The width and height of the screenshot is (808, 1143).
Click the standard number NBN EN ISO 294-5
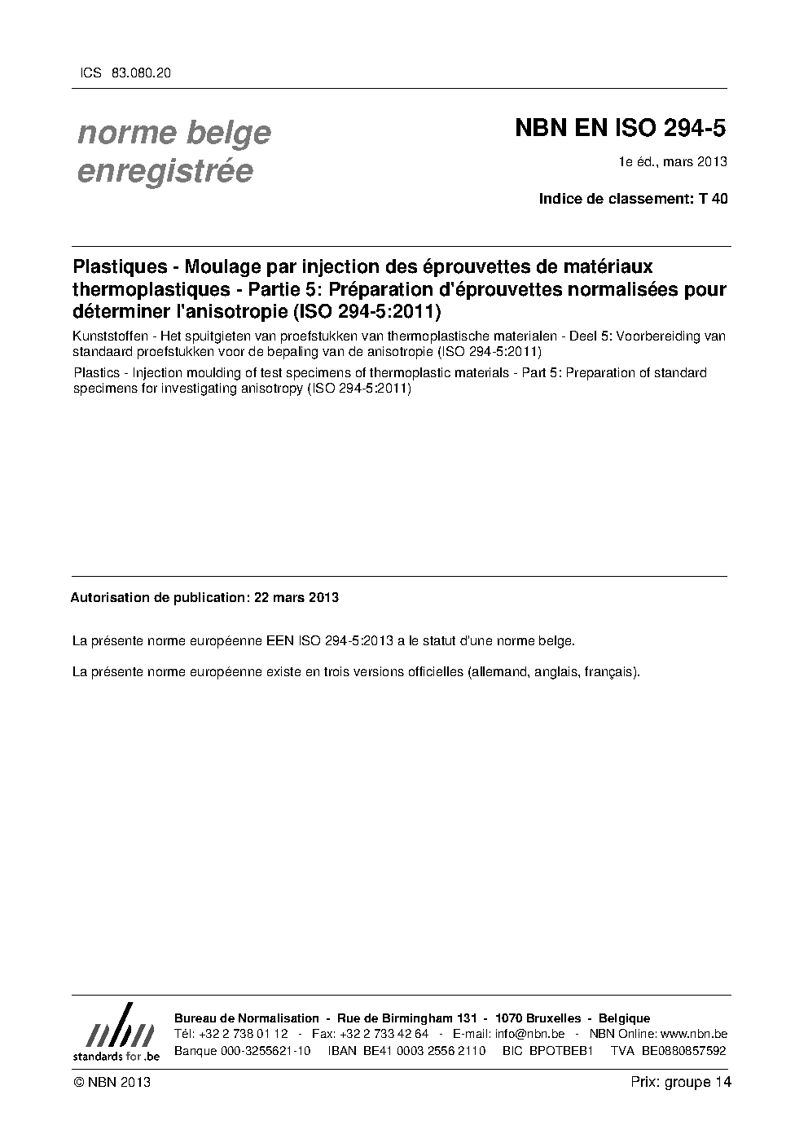click(620, 128)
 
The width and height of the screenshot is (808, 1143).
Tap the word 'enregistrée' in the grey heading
click(165, 171)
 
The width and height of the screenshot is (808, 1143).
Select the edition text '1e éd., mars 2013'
click(673, 161)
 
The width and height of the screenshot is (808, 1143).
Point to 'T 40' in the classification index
click(714, 199)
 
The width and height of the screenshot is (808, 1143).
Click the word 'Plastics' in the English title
click(97, 372)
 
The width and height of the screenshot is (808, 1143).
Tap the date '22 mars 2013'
click(296, 597)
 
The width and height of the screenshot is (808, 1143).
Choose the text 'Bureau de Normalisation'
click(247, 1018)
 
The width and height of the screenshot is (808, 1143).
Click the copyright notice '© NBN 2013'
click(112, 1082)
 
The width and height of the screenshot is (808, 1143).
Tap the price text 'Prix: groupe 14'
click(681, 1082)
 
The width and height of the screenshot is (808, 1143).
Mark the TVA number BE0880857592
click(683, 1050)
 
